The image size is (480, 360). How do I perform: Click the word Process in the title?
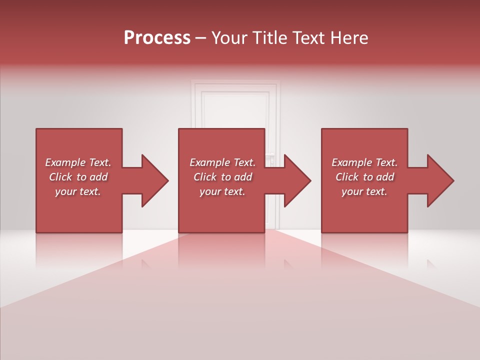click(x=157, y=38)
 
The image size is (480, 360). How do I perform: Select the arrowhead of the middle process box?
click(x=297, y=180)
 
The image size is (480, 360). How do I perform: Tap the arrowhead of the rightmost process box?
click(x=440, y=180)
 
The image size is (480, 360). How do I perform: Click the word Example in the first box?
click(x=65, y=162)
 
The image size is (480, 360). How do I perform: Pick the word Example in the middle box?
click(x=209, y=162)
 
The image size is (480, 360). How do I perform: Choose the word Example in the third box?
click(x=351, y=162)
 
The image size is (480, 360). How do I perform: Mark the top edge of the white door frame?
click(x=235, y=81)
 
